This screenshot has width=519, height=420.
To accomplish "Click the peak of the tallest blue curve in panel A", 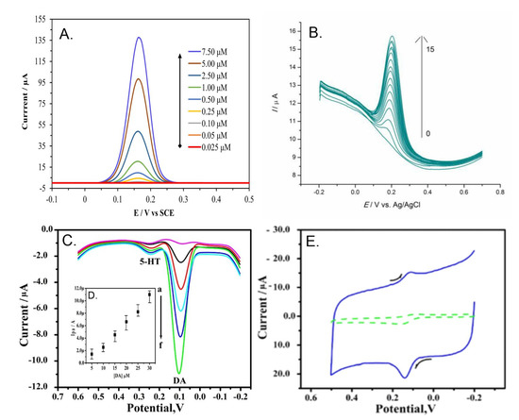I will [139, 39].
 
